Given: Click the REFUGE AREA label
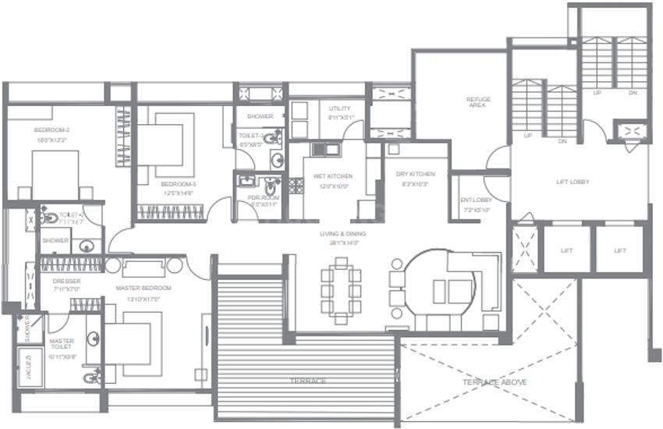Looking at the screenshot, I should pyautogui.click(x=477, y=102).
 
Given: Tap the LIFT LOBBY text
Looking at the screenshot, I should pyautogui.click(x=573, y=182).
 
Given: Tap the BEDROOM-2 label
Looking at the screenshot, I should pyautogui.click(x=51, y=129).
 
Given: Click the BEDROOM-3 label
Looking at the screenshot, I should pyautogui.click(x=179, y=184).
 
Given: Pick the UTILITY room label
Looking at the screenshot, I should pyautogui.click(x=340, y=108).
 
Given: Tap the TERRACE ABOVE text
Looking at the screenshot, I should pyautogui.click(x=494, y=382).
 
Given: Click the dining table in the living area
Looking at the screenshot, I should pyautogui.click(x=341, y=288).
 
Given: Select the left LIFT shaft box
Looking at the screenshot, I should pyautogui.click(x=566, y=250).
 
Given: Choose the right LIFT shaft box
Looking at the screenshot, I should pyautogui.click(x=620, y=250).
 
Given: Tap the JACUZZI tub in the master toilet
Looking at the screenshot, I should pyautogui.click(x=29, y=369).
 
